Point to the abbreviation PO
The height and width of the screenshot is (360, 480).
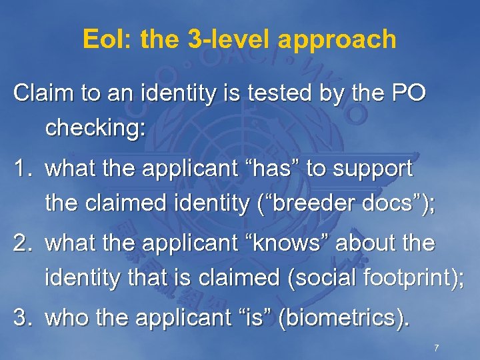coord(407,94)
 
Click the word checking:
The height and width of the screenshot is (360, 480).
coord(95,129)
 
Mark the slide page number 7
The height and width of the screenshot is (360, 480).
coord(435,348)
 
